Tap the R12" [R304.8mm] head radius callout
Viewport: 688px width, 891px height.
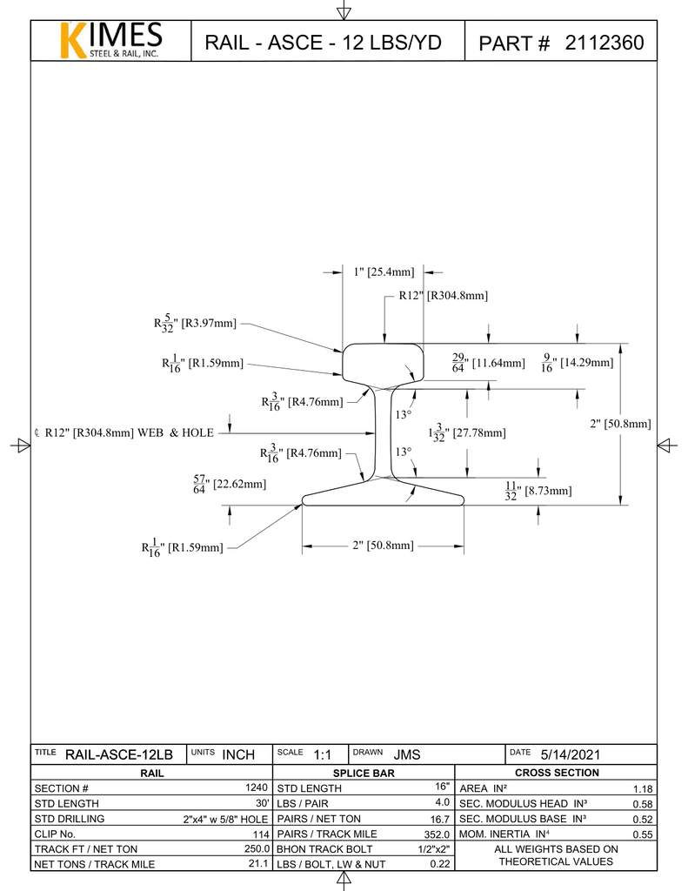[443, 296]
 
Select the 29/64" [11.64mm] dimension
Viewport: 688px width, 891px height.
[488, 362]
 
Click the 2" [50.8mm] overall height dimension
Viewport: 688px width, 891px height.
[620, 424]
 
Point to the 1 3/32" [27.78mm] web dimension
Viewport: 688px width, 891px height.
[466, 432]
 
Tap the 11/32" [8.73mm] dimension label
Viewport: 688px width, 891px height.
[538, 491]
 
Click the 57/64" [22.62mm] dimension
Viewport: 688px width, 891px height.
[230, 484]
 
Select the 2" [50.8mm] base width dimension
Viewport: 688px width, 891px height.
[383, 546]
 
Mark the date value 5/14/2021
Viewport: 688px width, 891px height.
[570, 754]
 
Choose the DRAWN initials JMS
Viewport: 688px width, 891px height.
[406, 754]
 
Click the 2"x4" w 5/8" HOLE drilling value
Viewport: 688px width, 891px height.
[225, 819]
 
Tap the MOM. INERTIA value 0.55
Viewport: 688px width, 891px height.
[642, 834]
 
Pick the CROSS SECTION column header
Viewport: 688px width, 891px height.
[557, 773]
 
